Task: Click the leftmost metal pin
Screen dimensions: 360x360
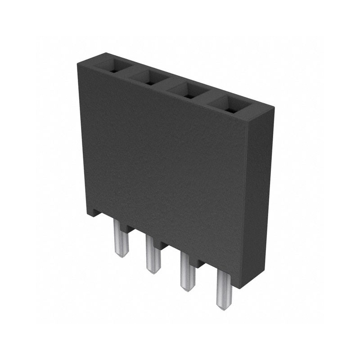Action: click(121, 238)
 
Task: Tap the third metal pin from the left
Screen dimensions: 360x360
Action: click(187, 272)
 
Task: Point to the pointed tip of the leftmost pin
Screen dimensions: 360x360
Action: click(121, 255)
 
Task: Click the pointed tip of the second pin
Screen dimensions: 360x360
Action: click(153, 272)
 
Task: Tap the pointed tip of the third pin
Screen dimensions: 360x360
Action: click(188, 289)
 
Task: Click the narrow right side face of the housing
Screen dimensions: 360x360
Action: click(261, 193)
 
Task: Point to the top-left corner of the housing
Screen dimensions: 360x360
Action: click(78, 63)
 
